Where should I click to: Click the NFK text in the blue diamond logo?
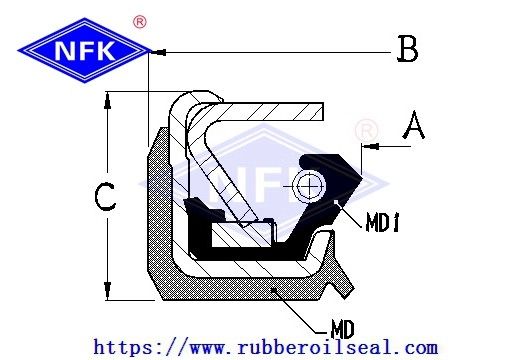coord(85,51)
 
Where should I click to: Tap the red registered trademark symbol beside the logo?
coord(140,22)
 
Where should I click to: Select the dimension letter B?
coord(407,49)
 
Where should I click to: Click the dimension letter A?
coord(414,125)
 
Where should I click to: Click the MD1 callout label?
coord(382,222)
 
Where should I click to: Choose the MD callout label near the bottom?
coord(342,329)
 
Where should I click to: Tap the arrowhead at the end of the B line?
coord(159,52)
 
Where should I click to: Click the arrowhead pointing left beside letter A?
coord(370,146)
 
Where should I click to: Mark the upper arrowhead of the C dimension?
coord(107,100)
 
